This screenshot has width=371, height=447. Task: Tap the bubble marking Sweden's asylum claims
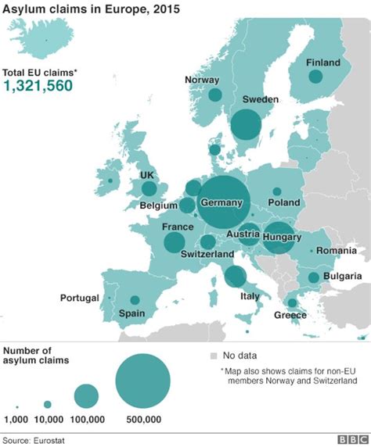[246, 124]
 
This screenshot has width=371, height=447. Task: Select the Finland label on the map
[323, 63]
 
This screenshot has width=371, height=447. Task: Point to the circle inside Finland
[315, 77]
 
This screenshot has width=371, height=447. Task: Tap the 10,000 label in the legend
[48, 420]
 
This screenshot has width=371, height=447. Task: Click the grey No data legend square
[213, 356]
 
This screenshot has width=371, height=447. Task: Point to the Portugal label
[80, 299]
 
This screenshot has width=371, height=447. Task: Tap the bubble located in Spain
[135, 300]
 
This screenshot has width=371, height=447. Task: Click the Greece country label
[290, 316]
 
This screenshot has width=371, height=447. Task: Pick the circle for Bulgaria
[313, 277]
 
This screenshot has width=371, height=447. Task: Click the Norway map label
[202, 80]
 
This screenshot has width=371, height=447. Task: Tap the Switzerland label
[207, 255]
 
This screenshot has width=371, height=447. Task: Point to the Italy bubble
[234, 277]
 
